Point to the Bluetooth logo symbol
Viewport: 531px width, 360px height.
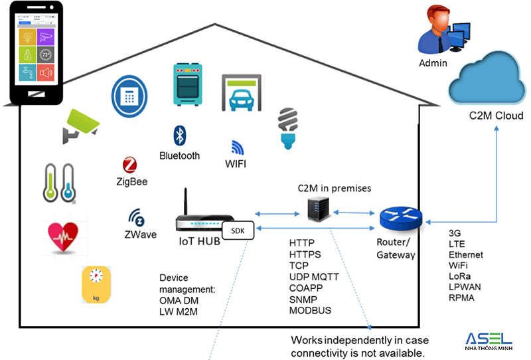pyautogui.click(x=178, y=136)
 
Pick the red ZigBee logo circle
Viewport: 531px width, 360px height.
pyautogui.click(x=130, y=165)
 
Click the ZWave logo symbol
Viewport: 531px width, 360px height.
pyautogui.click(x=137, y=218)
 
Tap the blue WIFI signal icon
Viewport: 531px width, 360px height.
pyautogui.click(x=238, y=147)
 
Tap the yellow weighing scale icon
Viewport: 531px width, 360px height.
pyautogui.click(x=96, y=284)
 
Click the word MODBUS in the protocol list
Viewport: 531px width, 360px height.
pyautogui.click(x=310, y=310)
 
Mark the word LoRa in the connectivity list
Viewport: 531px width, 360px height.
pyautogui.click(x=460, y=276)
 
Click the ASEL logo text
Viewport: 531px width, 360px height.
pyautogui.click(x=489, y=339)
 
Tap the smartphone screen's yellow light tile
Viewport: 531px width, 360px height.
pyautogui.click(x=28, y=35)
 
